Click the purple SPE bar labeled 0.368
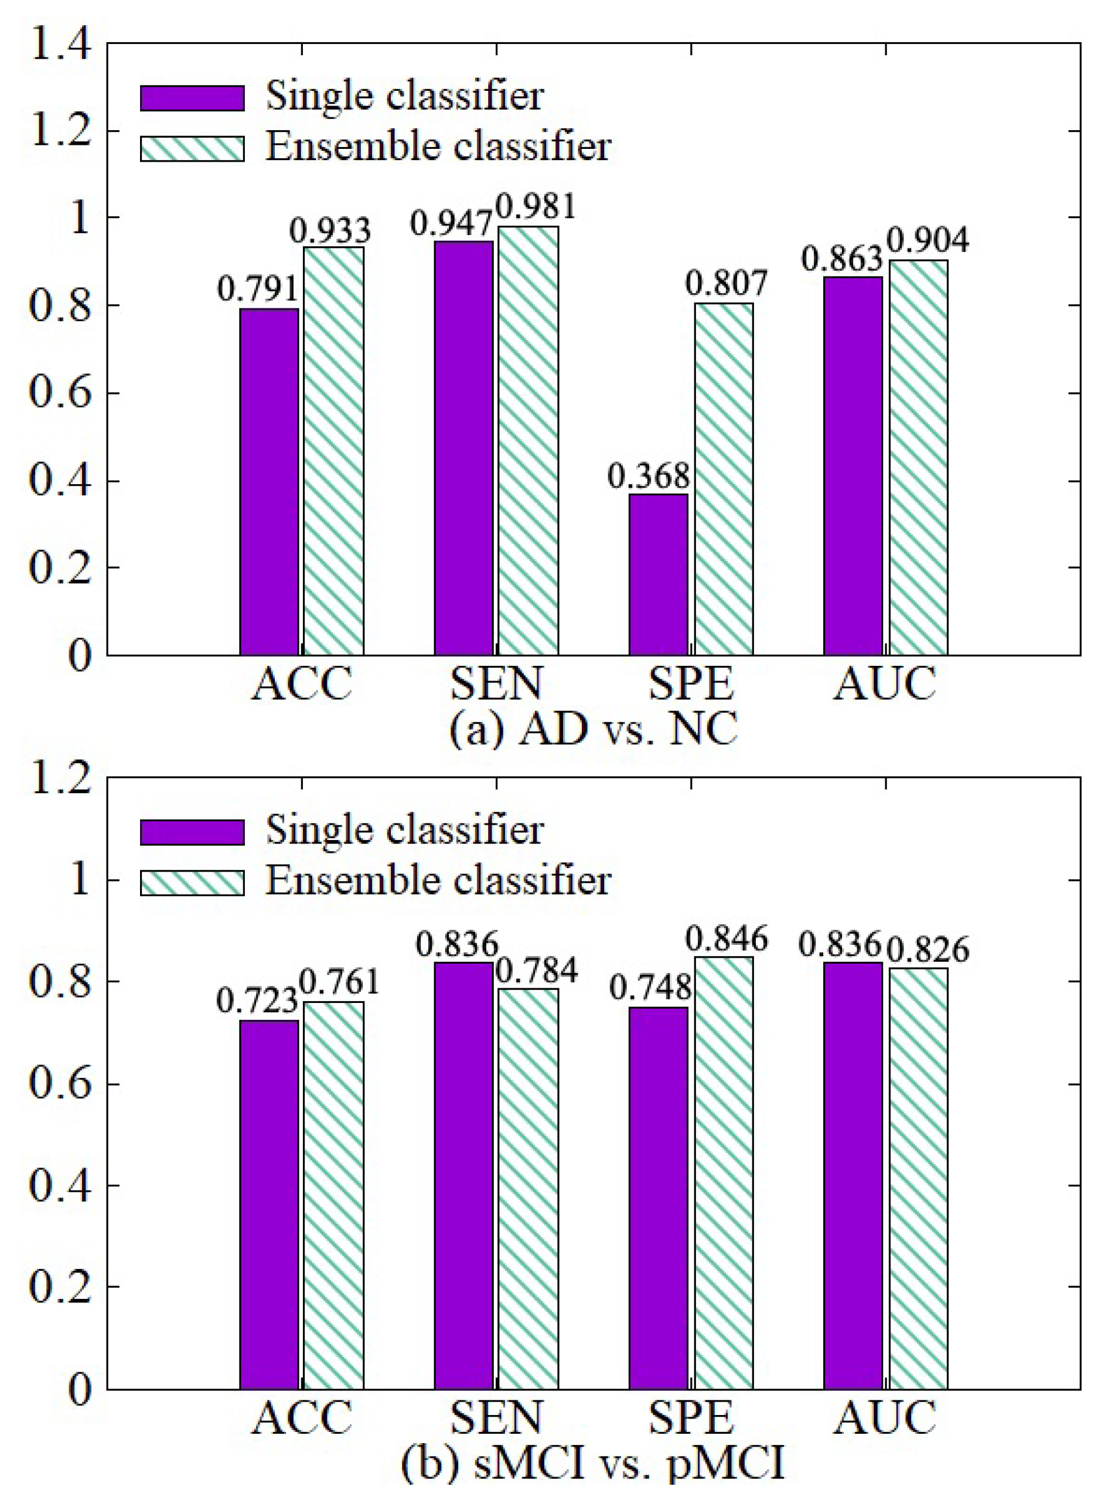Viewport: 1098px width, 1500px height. (658, 574)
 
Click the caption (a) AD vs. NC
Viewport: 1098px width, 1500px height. (594, 730)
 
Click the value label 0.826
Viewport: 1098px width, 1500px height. (929, 950)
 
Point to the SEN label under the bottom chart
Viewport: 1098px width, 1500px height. (496, 1417)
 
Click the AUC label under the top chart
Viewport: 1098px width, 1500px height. (885, 683)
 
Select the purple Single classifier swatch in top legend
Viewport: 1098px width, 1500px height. (192, 98)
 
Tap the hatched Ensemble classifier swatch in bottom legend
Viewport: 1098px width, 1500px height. (192, 882)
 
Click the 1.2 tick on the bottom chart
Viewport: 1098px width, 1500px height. (60, 778)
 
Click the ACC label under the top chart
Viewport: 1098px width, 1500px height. (302, 683)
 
